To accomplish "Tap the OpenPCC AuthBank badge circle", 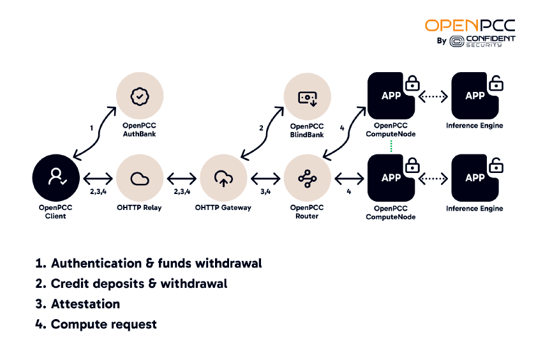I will coord(139,96).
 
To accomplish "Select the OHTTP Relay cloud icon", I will coord(139,179).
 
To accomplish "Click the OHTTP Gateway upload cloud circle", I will coord(223,179).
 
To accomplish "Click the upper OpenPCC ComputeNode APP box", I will coord(391,96).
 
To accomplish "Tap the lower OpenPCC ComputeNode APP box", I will coord(391,179).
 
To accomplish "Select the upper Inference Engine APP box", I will coord(475,96).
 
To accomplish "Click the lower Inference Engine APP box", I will coord(475,179).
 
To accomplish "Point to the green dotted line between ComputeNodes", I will coord(391,146).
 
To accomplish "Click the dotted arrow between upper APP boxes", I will coord(433,96).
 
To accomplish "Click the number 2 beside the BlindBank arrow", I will coord(261,128).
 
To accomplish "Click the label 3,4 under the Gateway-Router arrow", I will coord(264,191).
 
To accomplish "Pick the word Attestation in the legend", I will coord(86,304).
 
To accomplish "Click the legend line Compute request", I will coord(103,324).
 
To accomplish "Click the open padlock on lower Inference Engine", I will coord(495,165).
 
